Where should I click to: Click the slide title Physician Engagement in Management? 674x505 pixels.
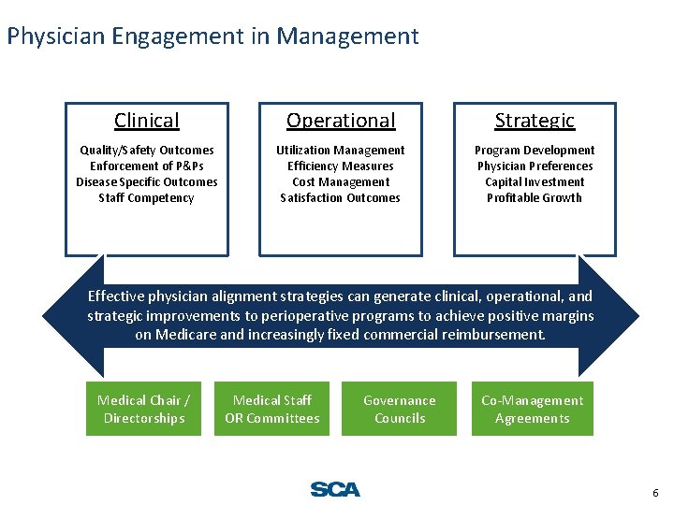pos(212,36)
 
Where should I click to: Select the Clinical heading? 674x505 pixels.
pos(146,121)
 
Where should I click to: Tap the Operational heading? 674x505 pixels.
pos(341,121)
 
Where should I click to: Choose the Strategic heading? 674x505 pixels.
pos(535,121)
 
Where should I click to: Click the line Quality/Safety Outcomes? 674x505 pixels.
pos(146,150)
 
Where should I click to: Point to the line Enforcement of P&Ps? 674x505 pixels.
pos(146,166)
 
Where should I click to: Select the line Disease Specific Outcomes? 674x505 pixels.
pos(146,181)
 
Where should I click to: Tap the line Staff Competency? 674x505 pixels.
pos(146,197)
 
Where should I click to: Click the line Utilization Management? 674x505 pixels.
pos(341,150)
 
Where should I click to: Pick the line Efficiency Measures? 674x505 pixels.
pos(341,166)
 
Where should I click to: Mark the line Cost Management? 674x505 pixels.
pos(341,181)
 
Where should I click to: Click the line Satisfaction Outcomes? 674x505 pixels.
pos(341,197)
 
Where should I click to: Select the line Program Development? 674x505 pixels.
pos(535,150)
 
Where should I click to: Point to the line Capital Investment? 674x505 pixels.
pos(535,181)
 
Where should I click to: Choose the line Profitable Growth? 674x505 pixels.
pos(535,197)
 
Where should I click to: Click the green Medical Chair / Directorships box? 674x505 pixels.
pos(143,409)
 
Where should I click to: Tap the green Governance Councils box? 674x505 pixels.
pos(400,409)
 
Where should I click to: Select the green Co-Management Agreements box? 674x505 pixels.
pos(532,409)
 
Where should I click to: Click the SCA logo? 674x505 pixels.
pos(334,489)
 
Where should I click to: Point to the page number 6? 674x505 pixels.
pos(654,492)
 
